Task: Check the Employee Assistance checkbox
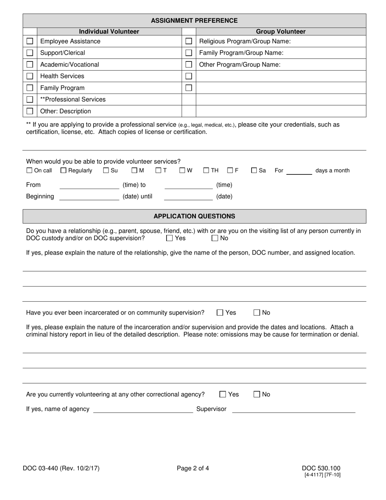point(30,41)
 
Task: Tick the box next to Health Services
point(30,76)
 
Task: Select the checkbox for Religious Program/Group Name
point(189,41)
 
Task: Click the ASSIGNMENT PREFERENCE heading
point(194,21)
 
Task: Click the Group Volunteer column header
point(281,31)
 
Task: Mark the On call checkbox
point(29,171)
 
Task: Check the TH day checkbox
point(206,171)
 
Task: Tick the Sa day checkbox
point(254,171)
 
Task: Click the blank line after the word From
point(89,185)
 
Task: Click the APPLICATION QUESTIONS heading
point(194,216)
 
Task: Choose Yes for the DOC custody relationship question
point(169,239)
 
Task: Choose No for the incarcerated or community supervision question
point(257,313)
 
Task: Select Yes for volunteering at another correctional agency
point(223,394)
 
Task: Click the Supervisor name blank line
point(293,409)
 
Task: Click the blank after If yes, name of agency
point(143,409)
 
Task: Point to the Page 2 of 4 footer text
point(193,468)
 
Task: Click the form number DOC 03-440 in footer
point(61,468)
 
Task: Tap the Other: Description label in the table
point(65,111)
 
